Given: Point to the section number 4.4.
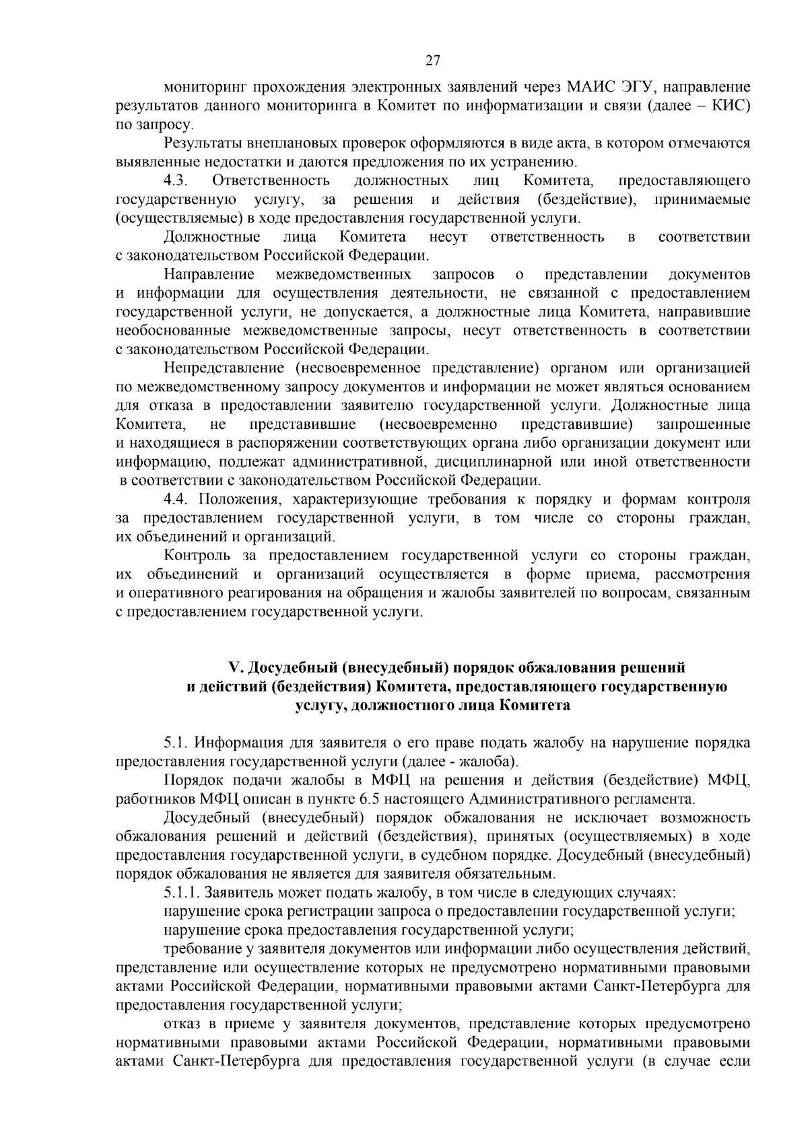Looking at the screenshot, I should [x=177, y=500].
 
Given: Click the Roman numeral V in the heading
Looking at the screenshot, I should [x=235, y=668].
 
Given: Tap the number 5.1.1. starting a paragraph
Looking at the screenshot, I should [x=181, y=894].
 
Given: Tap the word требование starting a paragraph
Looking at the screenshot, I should [x=197, y=949].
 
